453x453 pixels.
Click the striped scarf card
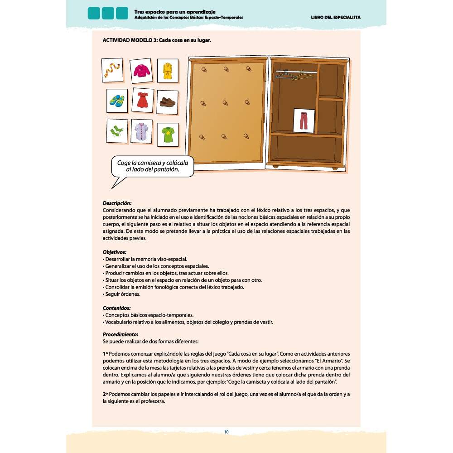pyautogui.click(x=112, y=70)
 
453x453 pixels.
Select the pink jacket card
pyautogui.click(x=140, y=71)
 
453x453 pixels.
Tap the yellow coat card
pyautogui.click(x=167, y=70)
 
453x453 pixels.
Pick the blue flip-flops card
pyautogui.click(x=117, y=101)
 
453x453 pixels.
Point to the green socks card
pyautogui.click(x=117, y=131)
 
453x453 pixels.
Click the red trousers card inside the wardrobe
pyautogui.click(x=304, y=120)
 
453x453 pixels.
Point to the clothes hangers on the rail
pyautogui.click(x=290, y=76)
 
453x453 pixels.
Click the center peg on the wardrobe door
pyautogui.click(x=225, y=102)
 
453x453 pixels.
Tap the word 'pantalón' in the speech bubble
pyautogui.click(x=164, y=170)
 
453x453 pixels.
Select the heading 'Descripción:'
pyautogui.click(x=117, y=203)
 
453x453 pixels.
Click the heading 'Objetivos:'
pyautogui.click(x=115, y=252)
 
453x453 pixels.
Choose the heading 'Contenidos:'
pyautogui.click(x=117, y=308)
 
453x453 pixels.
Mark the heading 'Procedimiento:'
pyautogui.click(x=120, y=334)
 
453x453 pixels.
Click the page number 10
pyautogui.click(x=226, y=432)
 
